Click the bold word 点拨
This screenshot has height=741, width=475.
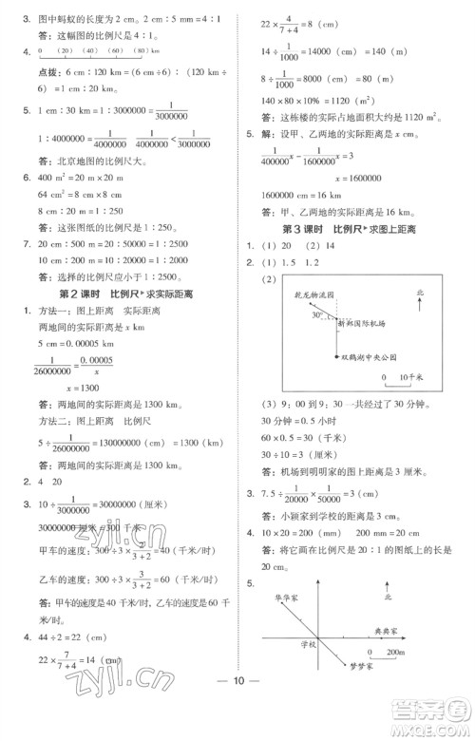pos(36,71)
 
